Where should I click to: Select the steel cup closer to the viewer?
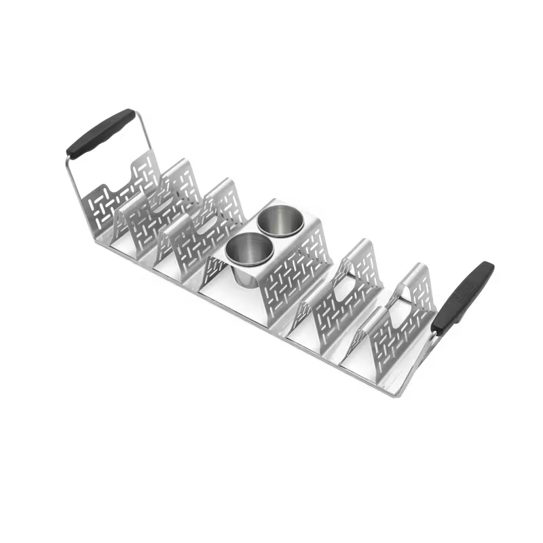(244, 249)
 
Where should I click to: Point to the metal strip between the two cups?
(261, 233)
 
